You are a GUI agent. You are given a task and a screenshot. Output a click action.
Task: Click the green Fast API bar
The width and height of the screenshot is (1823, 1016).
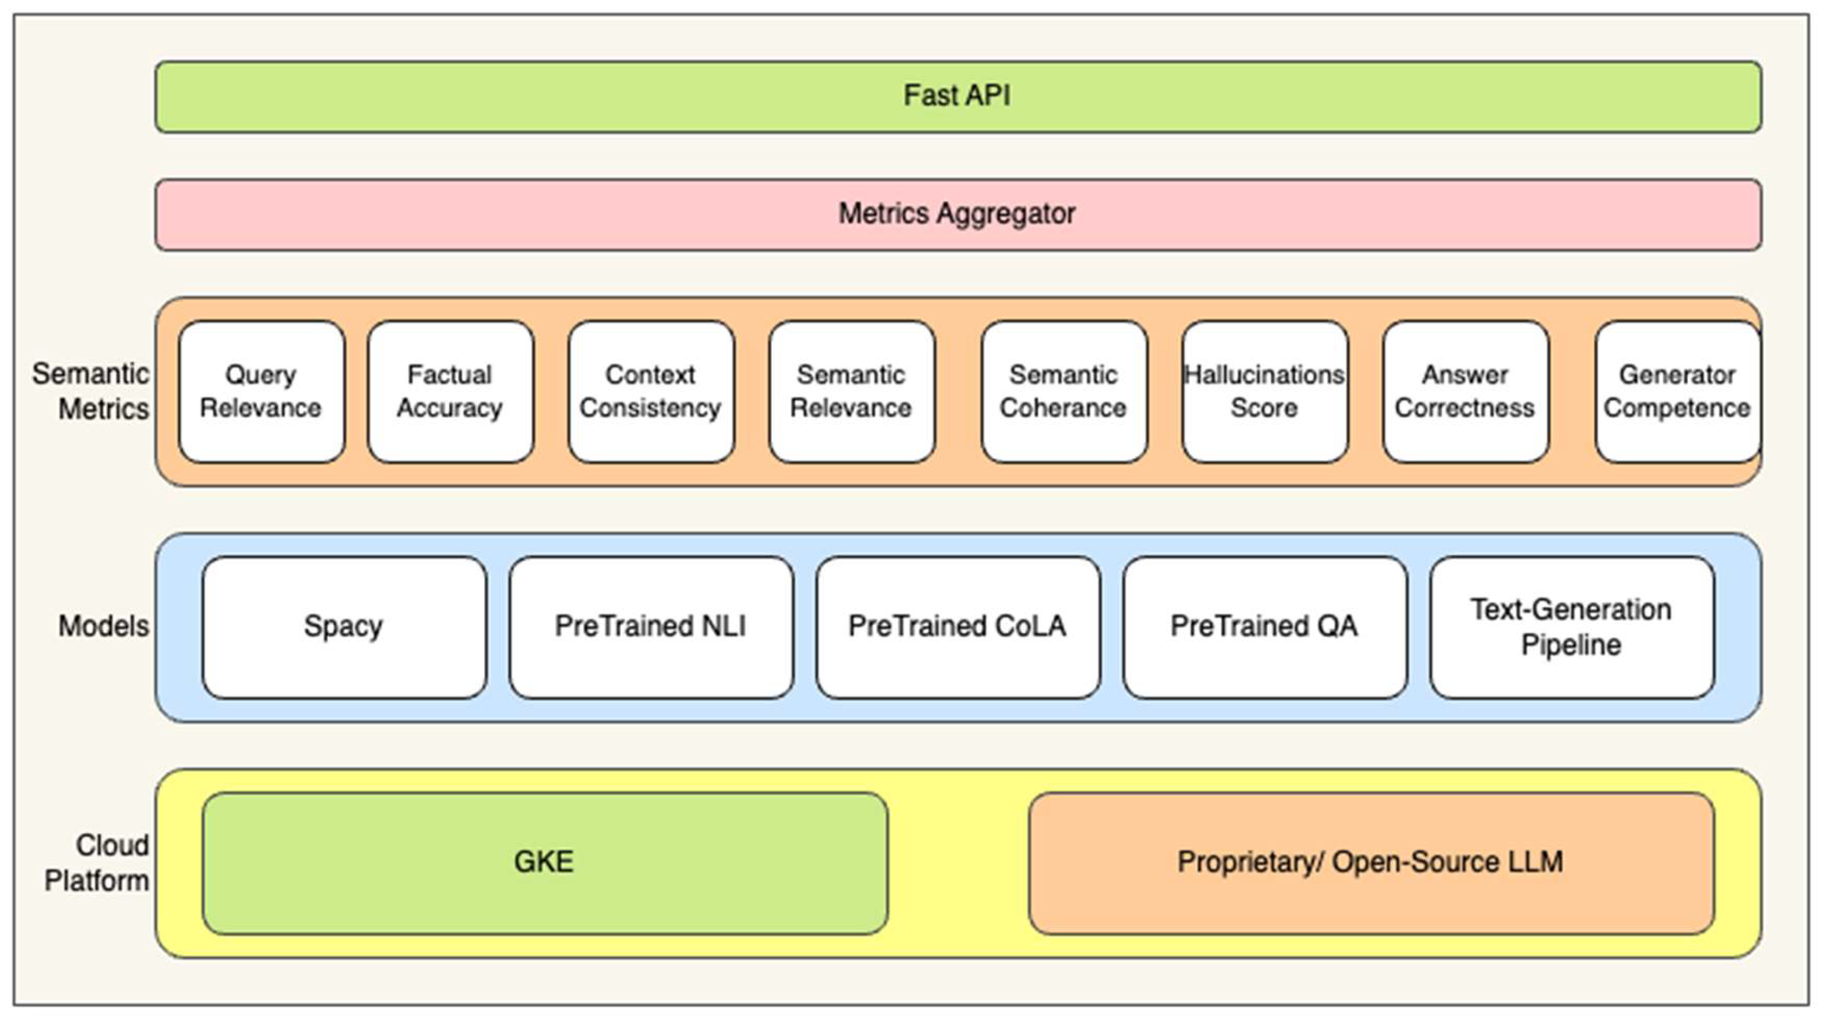coord(957,96)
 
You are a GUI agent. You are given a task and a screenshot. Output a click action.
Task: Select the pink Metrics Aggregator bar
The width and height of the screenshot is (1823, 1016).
coord(957,214)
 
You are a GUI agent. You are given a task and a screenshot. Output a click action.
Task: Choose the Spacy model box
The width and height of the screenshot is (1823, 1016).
coord(344,627)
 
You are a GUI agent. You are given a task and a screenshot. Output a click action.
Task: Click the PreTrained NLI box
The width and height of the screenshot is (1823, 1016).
coord(651,627)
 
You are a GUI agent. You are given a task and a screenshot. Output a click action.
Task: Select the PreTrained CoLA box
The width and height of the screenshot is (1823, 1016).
coord(957,627)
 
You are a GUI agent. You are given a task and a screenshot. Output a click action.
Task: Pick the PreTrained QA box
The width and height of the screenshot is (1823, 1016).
coord(1264,627)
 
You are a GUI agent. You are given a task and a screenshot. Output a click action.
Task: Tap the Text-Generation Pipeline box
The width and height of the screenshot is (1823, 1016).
coord(1571,627)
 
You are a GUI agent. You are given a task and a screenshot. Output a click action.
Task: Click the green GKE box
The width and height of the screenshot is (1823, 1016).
coord(544,863)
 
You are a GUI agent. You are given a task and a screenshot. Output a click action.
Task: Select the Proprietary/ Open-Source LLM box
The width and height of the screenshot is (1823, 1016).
coord(1371,863)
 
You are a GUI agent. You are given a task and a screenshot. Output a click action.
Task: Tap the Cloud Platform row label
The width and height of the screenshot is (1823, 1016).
coord(98,863)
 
